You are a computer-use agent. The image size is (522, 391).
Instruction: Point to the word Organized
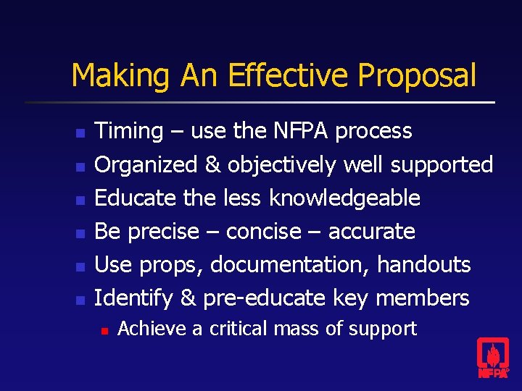click(147, 165)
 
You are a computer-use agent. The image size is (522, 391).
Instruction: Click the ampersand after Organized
click(212, 165)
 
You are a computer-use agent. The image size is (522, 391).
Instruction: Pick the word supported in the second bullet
click(442, 165)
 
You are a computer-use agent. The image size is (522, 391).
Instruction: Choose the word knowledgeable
click(344, 198)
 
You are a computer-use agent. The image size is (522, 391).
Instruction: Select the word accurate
click(371, 232)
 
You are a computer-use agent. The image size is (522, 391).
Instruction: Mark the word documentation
click(290, 264)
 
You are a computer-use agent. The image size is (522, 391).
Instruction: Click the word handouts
click(423, 264)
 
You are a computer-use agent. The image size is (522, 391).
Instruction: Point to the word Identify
click(134, 298)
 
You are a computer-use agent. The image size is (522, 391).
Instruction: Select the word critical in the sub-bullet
click(239, 329)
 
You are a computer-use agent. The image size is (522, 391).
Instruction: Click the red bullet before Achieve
click(104, 330)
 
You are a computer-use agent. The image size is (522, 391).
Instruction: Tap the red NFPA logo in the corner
click(492, 358)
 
